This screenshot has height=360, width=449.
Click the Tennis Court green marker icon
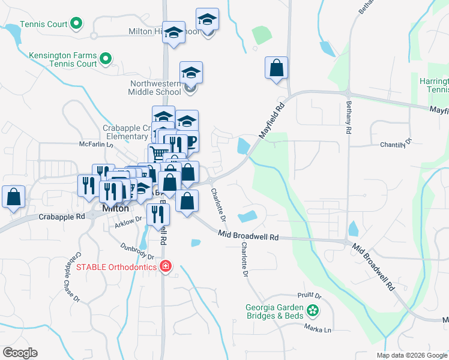click(x=76, y=24)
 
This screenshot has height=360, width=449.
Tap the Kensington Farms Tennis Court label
click(x=62, y=59)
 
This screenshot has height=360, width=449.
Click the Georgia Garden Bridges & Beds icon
click(x=312, y=310)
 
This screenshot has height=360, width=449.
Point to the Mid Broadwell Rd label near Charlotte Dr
click(x=249, y=236)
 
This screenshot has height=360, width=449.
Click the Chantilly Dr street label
click(x=397, y=144)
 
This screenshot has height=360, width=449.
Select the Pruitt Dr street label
click(x=310, y=296)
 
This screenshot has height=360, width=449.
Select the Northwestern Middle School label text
click(x=154, y=88)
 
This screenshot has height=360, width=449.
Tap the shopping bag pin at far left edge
click(x=13, y=197)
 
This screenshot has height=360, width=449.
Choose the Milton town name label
click(x=115, y=208)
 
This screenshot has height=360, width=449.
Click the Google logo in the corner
click(x=20, y=353)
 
